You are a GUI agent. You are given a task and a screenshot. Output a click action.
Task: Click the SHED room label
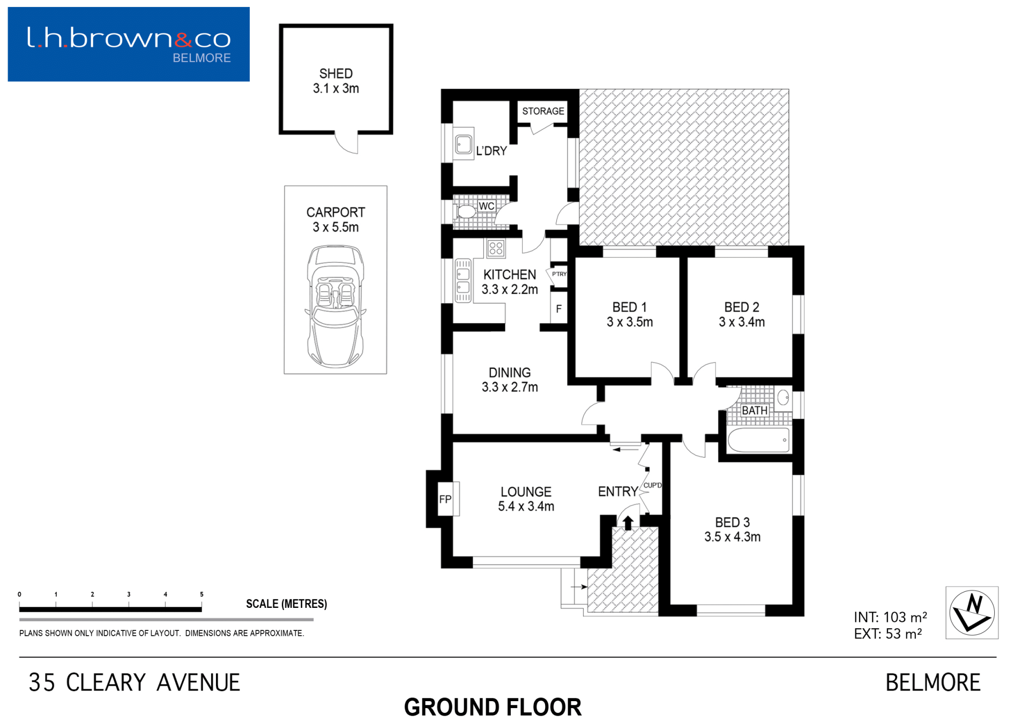point(336,73)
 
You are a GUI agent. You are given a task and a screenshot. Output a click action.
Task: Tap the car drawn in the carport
point(335,306)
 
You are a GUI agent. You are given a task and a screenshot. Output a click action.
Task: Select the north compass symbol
point(972,612)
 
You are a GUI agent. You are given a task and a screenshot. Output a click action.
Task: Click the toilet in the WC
point(465,211)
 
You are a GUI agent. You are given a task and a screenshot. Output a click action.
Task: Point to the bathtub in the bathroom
point(758,440)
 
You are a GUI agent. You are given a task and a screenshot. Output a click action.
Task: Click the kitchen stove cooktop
point(496,248)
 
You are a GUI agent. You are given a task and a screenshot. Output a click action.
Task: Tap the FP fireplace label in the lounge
point(445,500)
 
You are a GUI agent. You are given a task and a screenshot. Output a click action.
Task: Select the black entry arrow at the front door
point(628,522)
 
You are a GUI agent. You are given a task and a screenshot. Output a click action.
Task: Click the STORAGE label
point(543,111)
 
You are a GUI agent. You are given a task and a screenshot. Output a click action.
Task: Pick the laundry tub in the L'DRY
point(464,144)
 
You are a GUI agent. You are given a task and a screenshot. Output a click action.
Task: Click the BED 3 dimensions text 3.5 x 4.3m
point(732,537)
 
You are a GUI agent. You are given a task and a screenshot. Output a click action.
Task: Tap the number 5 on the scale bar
point(202,594)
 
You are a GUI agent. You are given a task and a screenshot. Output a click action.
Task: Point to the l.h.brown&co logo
point(129,44)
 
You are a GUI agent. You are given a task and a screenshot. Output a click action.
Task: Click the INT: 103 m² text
point(890,617)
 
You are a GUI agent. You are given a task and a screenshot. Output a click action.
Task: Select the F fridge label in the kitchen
point(558,309)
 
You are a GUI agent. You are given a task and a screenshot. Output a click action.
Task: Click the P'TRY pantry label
point(559,274)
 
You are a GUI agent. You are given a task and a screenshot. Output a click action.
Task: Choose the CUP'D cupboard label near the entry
point(652,486)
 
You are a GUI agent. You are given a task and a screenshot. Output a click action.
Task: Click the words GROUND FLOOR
point(493,707)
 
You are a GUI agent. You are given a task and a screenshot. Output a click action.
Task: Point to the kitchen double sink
point(463,281)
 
